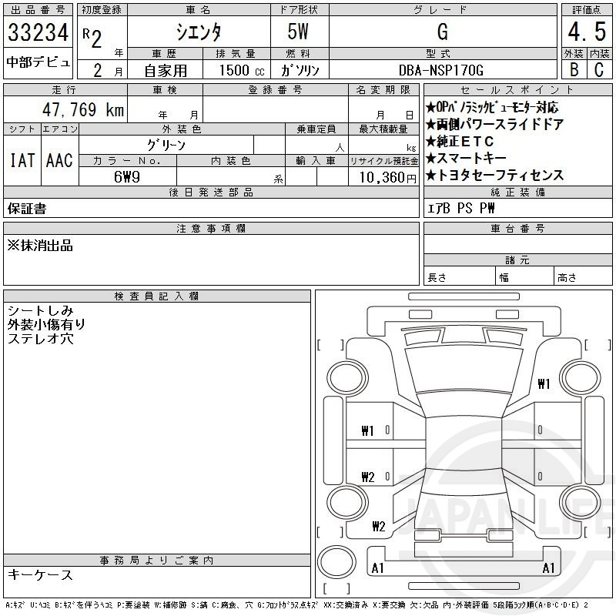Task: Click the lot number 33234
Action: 38,32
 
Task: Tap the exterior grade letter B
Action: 573,69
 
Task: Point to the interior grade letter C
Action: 597,69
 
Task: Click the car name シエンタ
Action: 198,32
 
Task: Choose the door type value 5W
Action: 300,32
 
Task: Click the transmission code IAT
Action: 22,160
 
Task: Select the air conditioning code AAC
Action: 59,160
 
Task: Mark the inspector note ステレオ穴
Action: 40,338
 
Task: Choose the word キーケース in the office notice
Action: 40,574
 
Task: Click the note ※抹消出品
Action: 40,245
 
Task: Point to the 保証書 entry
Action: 26,208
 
